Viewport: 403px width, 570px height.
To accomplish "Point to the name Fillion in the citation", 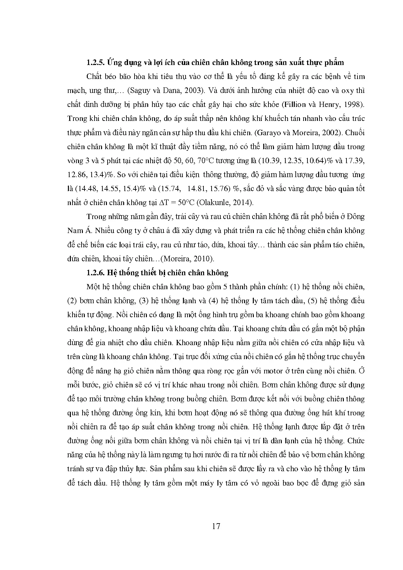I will (293, 104).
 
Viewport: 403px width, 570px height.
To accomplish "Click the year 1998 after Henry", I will (354, 104).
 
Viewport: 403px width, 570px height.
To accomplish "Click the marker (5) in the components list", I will (313, 301).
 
